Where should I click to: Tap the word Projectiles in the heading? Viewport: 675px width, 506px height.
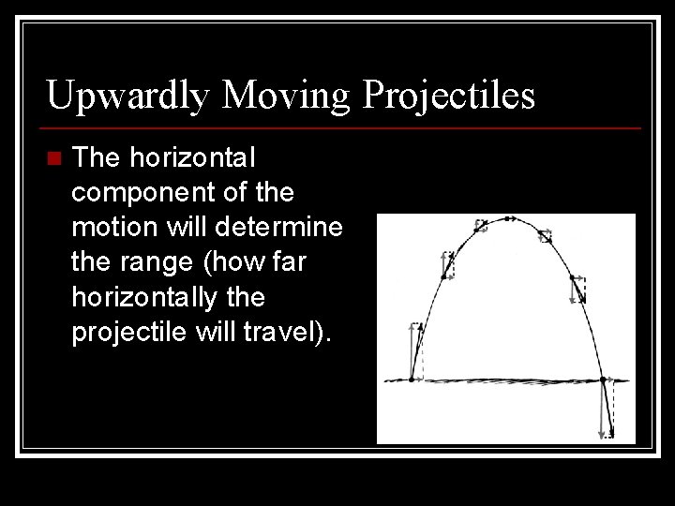coord(449,96)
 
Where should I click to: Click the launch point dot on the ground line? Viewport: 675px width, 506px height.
coord(411,379)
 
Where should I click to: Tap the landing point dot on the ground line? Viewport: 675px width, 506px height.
coord(602,379)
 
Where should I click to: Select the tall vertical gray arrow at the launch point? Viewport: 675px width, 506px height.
coord(412,350)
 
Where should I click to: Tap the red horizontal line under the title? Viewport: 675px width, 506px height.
coord(342,127)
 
